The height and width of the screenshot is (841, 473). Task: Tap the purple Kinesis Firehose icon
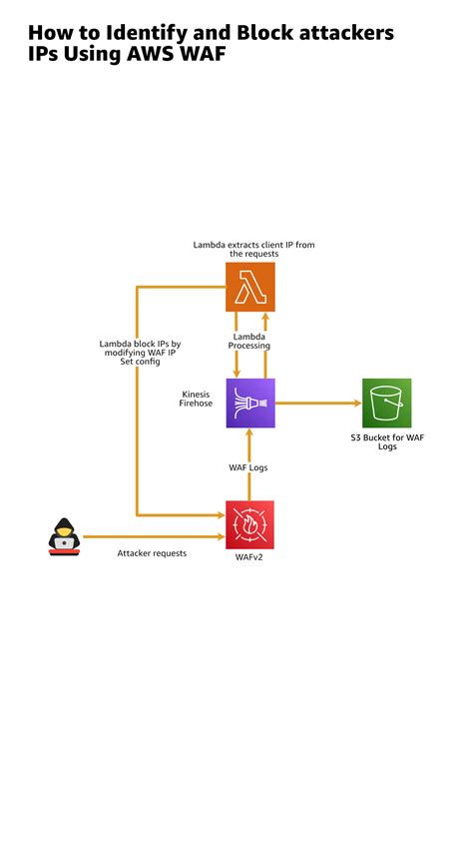pyautogui.click(x=249, y=403)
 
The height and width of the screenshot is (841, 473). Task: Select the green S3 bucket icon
pyautogui.click(x=386, y=403)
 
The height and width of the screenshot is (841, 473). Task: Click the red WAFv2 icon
pyautogui.click(x=249, y=525)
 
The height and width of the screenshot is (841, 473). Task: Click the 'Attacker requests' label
pyautogui.click(x=152, y=552)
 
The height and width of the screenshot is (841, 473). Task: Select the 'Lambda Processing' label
pyautogui.click(x=249, y=341)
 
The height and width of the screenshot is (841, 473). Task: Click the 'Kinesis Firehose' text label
pyautogui.click(x=195, y=398)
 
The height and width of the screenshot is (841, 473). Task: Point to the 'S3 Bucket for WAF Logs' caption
pyautogui.click(x=388, y=441)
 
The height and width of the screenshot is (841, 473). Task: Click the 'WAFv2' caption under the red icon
pyautogui.click(x=248, y=558)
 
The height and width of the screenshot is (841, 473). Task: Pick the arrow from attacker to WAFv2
pyautogui.click(x=150, y=536)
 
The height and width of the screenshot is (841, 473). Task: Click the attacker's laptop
pyautogui.click(x=64, y=545)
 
